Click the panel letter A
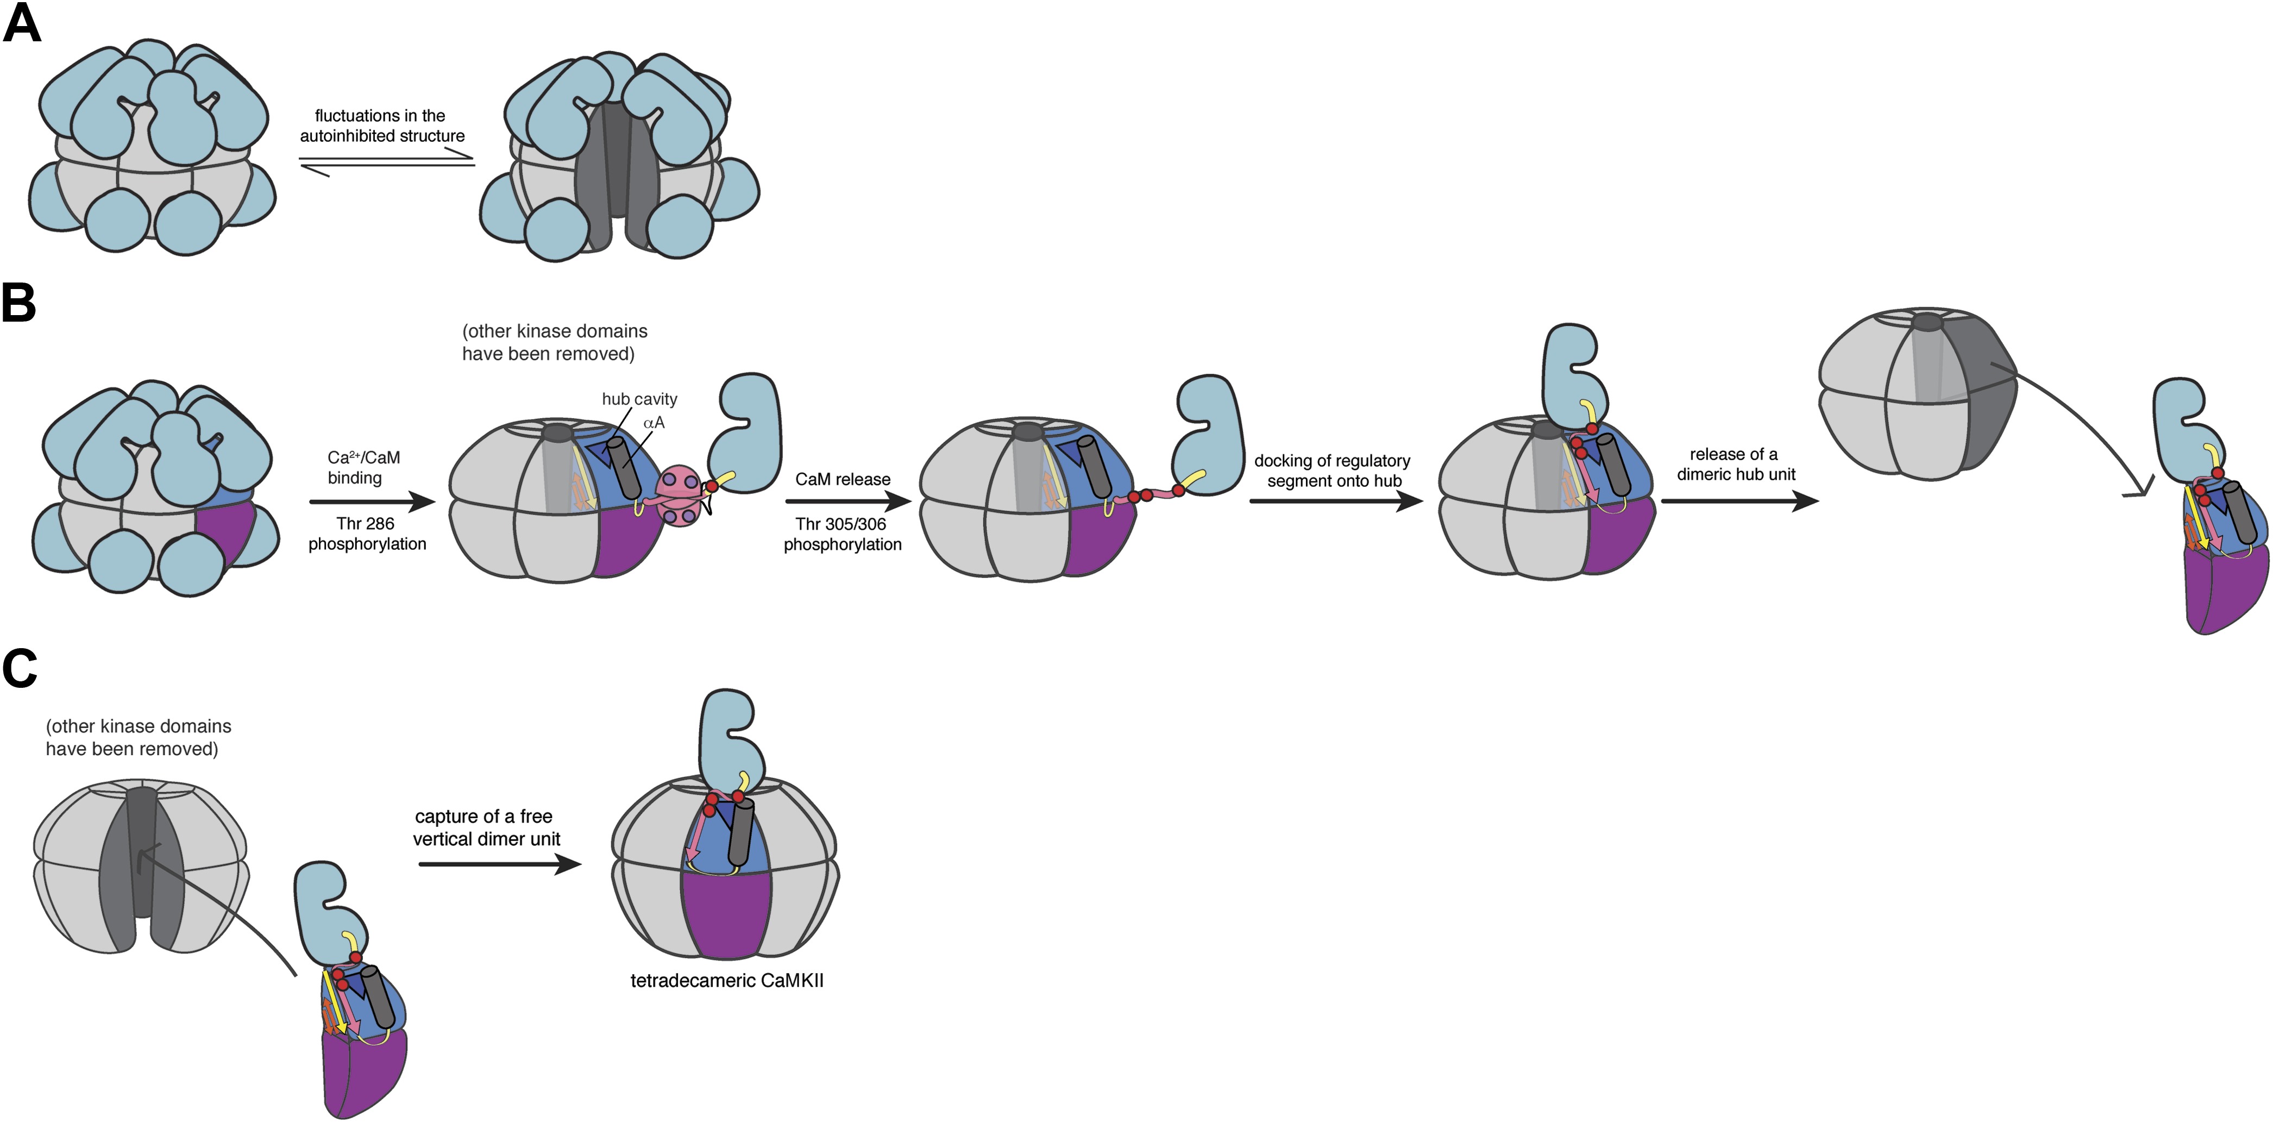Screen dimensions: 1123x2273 (x=22, y=24)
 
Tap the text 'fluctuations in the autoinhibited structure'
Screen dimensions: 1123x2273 (x=381, y=126)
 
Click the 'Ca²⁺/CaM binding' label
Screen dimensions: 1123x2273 (x=363, y=468)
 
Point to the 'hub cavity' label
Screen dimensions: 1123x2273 (x=639, y=399)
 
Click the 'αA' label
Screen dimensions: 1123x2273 (x=654, y=423)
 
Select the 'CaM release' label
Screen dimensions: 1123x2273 (x=843, y=479)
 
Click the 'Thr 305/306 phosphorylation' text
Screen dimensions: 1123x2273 (x=842, y=534)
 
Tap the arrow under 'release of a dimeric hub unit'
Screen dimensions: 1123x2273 (x=1739, y=501)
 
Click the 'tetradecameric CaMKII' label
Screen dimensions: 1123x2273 (x=726, y=980)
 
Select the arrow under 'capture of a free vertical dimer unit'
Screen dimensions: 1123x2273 (x=499, y=864)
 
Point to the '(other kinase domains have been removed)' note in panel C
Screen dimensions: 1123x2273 (x=139, y=737)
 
